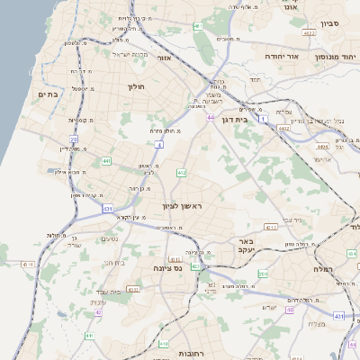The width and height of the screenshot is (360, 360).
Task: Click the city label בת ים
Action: coord(48,94)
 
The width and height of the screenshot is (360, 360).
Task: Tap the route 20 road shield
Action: coord(75,139)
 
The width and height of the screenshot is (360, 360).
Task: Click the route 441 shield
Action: coord(106,161)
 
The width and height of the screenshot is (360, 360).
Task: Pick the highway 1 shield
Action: coord(263,117)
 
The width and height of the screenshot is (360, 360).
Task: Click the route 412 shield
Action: coord(181,172)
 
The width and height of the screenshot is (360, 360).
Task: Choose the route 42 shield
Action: coord(97,312)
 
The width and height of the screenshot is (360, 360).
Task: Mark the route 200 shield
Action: coord(263,274)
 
